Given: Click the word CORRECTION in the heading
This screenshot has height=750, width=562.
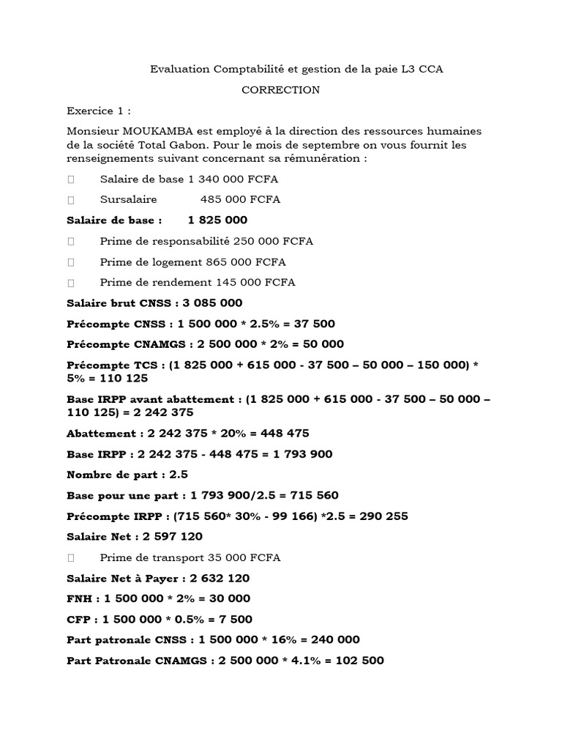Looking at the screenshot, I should pyautogui.click(x=281, y=90).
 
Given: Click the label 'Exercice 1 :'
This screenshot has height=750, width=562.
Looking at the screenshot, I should pyautogui.click(x=99, y=111).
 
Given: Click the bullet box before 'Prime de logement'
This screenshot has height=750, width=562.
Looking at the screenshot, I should pyautogui.click(x=71, y=262).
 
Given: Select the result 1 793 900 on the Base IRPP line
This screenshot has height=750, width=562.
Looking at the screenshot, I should pyautogui.click(x=303, y=454).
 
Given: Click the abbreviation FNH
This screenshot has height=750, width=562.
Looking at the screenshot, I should pyautogui.click(x=80, y=598).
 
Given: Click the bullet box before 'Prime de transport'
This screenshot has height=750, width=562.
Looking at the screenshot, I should pyautogui.click(x=71, y=558).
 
